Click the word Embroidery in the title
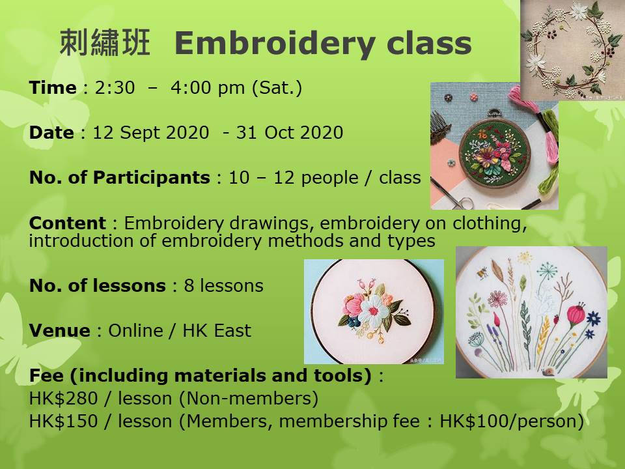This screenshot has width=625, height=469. pyautogui.click(x=275, y=44)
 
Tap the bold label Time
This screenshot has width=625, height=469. pyautogui.click(x=53, y=87)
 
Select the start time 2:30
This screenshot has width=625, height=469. pyautogui.click(x=115, y=88)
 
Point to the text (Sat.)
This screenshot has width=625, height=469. pyautogui.click(x=277, y=88)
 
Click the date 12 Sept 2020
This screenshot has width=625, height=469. pyautogui.click(x=150, y=133)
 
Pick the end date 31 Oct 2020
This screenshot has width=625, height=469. pyautogui.click(x=290, y=133)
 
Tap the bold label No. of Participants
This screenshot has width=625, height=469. pyautogui.click(x=120, y=178)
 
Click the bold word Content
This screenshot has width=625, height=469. pyautogui.click(x=67, y=223)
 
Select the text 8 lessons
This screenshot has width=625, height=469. pyautogui.click(x=223, y=285)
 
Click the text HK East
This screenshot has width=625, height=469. pyautogui.click(x=217, y=331)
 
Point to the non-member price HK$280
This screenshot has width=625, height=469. pyautogui.click(x=63, y=399)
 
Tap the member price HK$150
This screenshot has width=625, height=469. pyautogui.click(x=63, y=421)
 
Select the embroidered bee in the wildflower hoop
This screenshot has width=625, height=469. pyautogui.click(x=482, y=273)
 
